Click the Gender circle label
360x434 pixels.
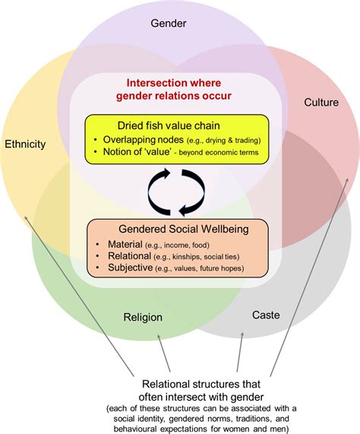point(168,24)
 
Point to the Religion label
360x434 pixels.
point(143,317)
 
